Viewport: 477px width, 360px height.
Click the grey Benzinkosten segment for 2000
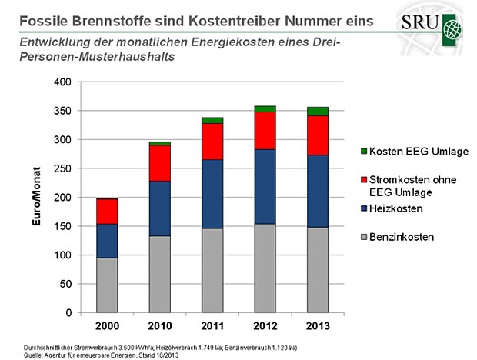pyautogui.click(x=107, y=285)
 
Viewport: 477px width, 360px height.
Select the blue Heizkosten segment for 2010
pyautogui.click(x=159, y=208)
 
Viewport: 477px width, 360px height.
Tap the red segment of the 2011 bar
pyautogui.click(x=212, y=142)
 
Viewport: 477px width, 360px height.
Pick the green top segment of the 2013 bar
pyautogui.click(x=318, y=112)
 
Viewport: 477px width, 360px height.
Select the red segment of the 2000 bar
pyautogui.click(x=107, y=211)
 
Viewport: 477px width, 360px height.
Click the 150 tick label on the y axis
pyautogui.click(x=67, y=226)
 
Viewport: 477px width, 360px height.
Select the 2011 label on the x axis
pyautogui.click(x=212, y=326)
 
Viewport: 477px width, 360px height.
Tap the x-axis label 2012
pyautogui.click(x=265, y=326)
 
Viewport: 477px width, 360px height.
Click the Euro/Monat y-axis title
pyautogui.click(x=36, y=197)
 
